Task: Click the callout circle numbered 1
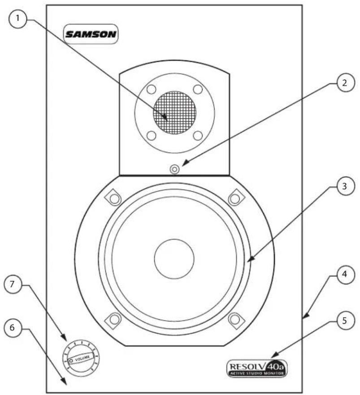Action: (18, 19)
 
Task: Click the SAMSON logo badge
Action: (91, 34)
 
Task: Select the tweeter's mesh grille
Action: (175, 113)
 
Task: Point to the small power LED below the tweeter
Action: (175, 169)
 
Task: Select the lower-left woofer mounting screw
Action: (114, 319)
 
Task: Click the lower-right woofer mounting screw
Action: (234, 319)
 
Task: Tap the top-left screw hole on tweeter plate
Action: (152, 89)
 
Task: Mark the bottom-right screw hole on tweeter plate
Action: (198, 135)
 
